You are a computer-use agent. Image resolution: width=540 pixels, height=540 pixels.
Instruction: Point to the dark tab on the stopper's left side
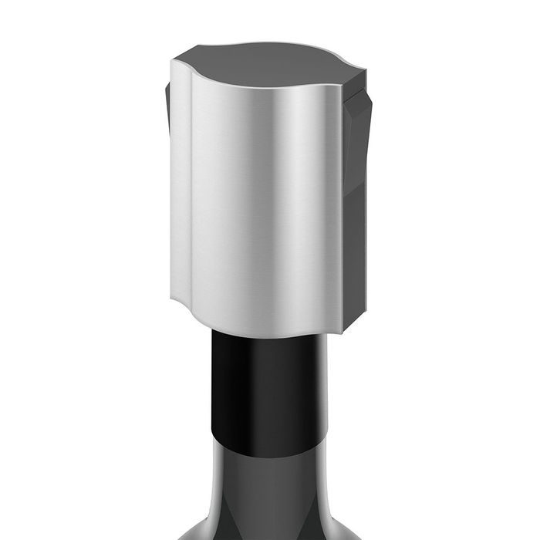[167, 108]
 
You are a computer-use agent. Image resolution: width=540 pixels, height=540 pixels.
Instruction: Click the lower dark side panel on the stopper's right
[353, 255]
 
